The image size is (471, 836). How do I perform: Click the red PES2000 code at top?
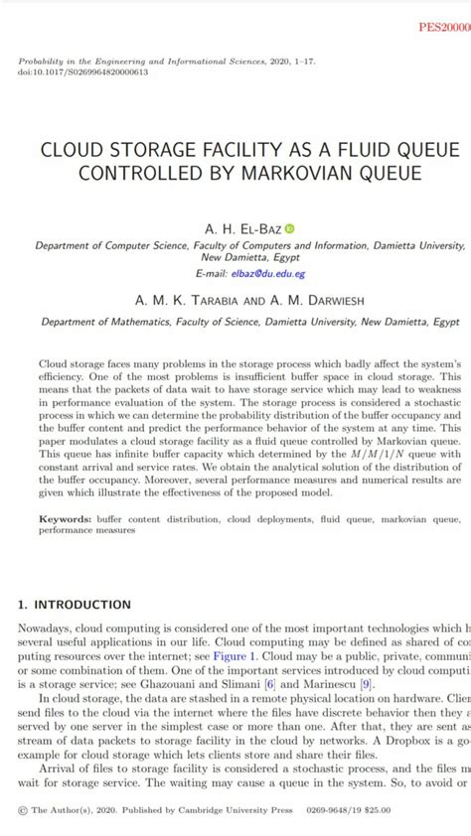click(444, 27)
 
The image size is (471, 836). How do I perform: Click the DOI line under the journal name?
click(83, 72)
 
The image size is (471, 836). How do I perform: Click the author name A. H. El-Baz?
click(242, 229)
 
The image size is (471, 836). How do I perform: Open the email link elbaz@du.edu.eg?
click(268, 273)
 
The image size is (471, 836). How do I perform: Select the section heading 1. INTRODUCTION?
click(75, 604)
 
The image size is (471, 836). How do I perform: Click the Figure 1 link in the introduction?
click(238, 656)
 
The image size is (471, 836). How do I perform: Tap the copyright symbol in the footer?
click(22, 810)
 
